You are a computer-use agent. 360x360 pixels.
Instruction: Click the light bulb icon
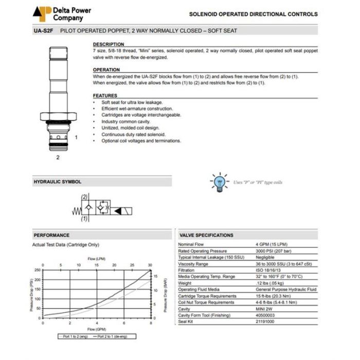tap(220, 182)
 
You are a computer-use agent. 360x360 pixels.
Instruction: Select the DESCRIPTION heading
tap(109, 44)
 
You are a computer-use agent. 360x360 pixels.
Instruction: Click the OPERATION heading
tap(106, 70)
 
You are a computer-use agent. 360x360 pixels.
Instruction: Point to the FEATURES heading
tap(105, 96)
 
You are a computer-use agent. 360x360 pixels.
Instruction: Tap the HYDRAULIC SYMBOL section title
tap(58, 182)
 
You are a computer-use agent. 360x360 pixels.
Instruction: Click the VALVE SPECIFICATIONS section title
tap(206, 235)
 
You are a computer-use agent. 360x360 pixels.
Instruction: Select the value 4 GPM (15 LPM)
tap(272, 244)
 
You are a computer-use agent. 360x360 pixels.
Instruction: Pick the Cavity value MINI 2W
tap(265, 309)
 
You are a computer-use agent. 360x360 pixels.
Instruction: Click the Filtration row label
tap(186, 271)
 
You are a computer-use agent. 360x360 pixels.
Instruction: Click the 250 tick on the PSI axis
tap(37, 269)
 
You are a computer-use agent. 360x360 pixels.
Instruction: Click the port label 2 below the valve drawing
tap(58, 157)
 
